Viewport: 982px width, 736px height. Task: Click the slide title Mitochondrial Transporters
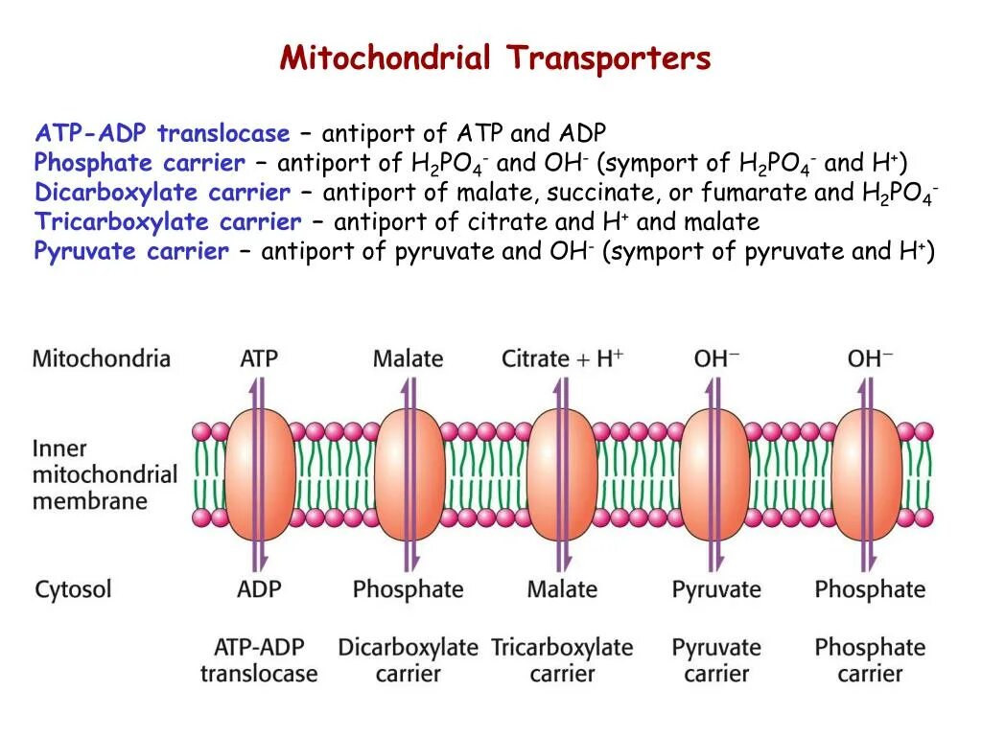pyautogui.click(x=495, y=58)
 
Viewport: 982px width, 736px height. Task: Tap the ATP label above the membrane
pyautogui.click(x=258, y=359)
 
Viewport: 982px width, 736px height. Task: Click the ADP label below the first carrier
pyautogui.click(x=258, y=588)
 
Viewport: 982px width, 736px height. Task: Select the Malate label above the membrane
pyautogui.click(x=408, y=359)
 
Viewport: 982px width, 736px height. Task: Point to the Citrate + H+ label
pyautogui.click(x=562, y=359)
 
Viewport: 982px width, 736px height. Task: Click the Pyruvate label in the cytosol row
pyautogui.click(x=715, y=589)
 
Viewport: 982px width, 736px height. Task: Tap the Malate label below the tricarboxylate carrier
pyautogui.click(x=562, y=588)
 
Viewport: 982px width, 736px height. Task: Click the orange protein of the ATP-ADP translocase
pyautogui.click(x=254, y=473)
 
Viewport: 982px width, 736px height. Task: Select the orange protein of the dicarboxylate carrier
pyautogui.click(x=407, y=473)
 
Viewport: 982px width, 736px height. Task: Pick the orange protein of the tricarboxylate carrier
pyautogui.click(x=561, y=473)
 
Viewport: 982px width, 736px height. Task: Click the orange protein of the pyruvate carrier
pyautogui.click(x=714, y=473)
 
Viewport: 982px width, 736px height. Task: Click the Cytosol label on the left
pyautogui.click(x=74, y=588)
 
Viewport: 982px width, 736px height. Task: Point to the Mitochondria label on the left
pyautogui.click(x=101, y=359)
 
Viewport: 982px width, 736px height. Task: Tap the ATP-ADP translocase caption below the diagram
pyautogui.click(x=258, y=660)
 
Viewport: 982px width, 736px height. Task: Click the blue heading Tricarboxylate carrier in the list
pyautogui.click(x=168, y=222)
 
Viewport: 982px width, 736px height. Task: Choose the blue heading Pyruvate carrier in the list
pyautogui.click(x=131, y=252)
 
